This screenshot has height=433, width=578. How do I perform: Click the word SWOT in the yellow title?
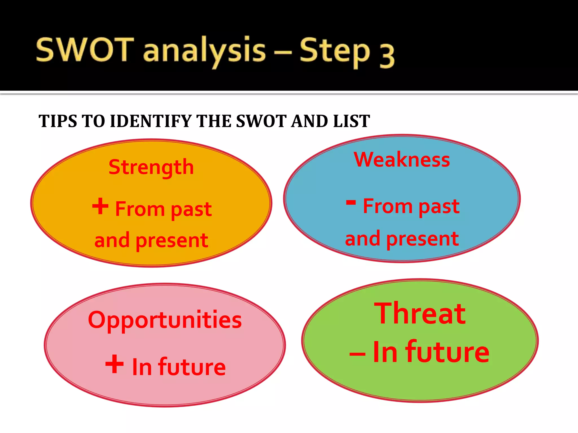point(85,50)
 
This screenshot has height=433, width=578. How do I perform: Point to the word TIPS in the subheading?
point(58,121)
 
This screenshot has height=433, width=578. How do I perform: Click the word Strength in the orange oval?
point(151,167)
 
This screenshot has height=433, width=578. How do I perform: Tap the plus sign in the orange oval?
point(100,206)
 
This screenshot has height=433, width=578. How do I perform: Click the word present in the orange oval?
point(172,241)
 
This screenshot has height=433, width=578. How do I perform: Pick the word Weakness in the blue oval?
point(402,160)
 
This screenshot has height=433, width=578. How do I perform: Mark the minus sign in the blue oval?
point(351,202)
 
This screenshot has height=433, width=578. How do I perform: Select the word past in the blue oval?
point(439,207)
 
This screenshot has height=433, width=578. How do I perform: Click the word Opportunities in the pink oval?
point(165,321)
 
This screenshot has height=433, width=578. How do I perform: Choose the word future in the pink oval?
point(192,367)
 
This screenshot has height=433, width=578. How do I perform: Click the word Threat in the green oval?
point(420,313)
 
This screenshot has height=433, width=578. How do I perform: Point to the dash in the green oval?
point(358,354)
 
